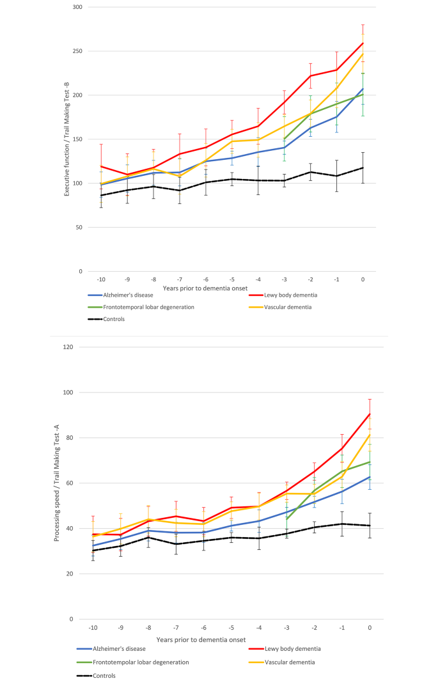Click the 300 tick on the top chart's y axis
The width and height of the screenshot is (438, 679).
[x=76, y=7]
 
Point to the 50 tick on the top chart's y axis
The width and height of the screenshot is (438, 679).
[x=78, y=227]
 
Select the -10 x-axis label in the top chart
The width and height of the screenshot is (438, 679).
[x=101, y=279]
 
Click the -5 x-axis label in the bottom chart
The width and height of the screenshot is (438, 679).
[x=231, y=628]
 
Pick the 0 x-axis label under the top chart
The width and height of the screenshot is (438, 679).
[x=363, y=279]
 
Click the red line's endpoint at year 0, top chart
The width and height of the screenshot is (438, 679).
[x=363, y=43]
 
